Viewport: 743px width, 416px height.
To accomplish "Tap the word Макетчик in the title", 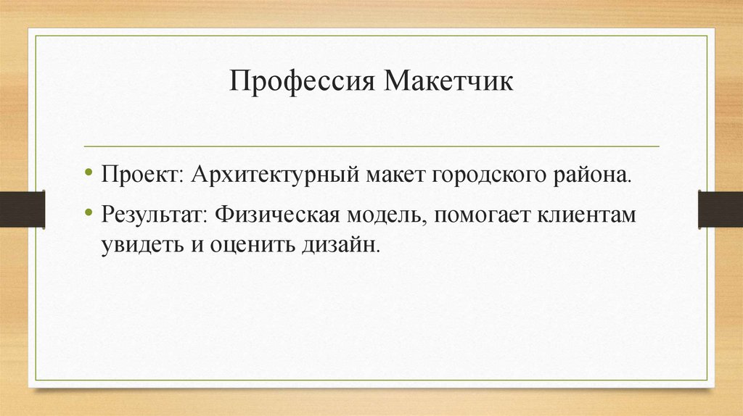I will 448,80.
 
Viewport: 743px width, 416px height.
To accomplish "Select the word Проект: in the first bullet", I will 143,176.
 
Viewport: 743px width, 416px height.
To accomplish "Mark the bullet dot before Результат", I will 89,215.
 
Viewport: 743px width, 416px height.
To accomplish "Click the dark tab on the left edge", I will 22,209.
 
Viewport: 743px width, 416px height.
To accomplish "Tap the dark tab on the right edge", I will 720,209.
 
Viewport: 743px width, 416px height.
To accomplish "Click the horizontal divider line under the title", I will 371,146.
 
